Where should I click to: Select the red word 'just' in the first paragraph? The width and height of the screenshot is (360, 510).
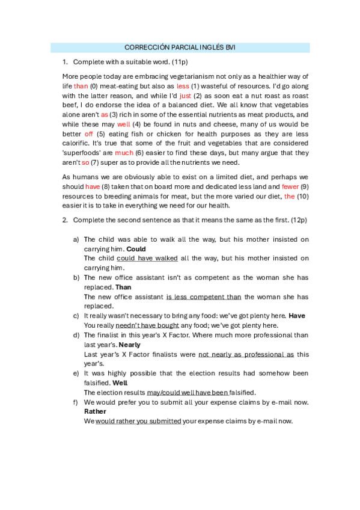tap(185, 95)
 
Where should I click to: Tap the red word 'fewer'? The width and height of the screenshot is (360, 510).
tap(290, 186)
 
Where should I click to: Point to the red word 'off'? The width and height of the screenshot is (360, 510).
tap(89, 134)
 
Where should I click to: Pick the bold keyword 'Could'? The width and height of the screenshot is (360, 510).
tap(136, 248)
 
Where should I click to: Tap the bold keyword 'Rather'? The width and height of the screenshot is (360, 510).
tap(95, 411)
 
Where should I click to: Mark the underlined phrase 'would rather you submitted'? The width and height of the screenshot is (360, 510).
tap(138, 421)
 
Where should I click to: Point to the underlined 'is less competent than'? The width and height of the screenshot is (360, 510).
tap(204, 296)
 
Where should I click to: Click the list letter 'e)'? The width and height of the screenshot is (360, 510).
tap(76, 373)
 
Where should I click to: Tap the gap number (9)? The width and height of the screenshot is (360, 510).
tap(305, 186)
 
